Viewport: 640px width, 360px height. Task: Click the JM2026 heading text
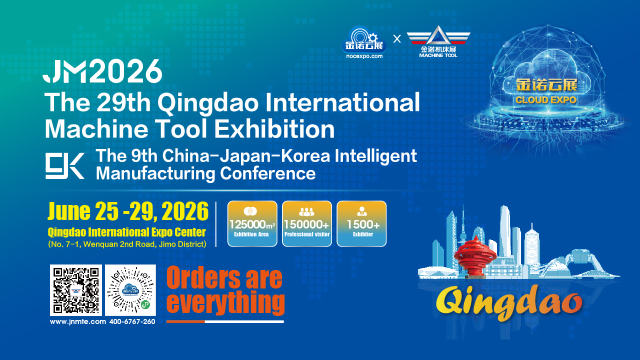[x=102, y=71]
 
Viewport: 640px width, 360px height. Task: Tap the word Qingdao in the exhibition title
[x=208, y=104]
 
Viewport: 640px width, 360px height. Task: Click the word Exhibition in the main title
[x=274, y=129]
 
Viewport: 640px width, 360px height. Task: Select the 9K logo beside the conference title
[x=65, y=165]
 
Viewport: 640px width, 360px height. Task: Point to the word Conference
[x=267, y=173]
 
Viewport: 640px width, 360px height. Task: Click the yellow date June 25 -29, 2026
[x=128, y=211]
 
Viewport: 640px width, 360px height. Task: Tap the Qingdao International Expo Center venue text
[x=127, y=232]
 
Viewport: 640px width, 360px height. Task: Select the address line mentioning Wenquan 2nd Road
[x=127, y=244]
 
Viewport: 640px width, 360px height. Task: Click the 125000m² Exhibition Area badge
[x=252, y=223]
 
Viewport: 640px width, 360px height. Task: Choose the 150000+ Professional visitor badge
[x=307, y=223]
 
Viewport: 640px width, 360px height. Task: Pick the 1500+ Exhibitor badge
[x=361, y=223]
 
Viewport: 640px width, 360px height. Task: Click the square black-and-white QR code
[x=76, y=290]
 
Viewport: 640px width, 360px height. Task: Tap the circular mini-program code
[x=130, y=290]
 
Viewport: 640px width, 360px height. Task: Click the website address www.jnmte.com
[x=78, y=321]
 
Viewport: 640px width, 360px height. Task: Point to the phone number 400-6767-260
[x=132, y=321]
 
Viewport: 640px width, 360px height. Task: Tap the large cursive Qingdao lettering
[x=509, y=302]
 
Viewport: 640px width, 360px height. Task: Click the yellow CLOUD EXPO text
[x=546, y=100]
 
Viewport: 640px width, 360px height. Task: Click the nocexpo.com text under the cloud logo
[x=364, y=56]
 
